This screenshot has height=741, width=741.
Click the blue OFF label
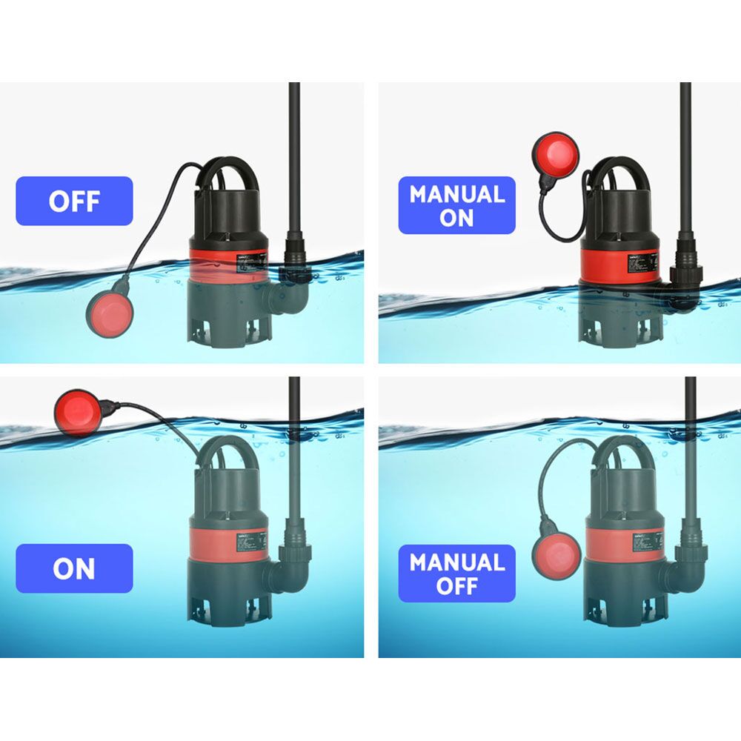pyautogui.click(x=74, y=201)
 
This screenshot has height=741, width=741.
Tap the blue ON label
pyautogui.click(x=74, y=568)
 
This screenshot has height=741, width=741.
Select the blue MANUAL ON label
pyautogui.click(x=456, y=205)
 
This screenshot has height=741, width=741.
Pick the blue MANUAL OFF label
pyautogui.click(x=456, y=574)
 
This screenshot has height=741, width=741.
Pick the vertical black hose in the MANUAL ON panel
pyautogui.click(x=685, y=163)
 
